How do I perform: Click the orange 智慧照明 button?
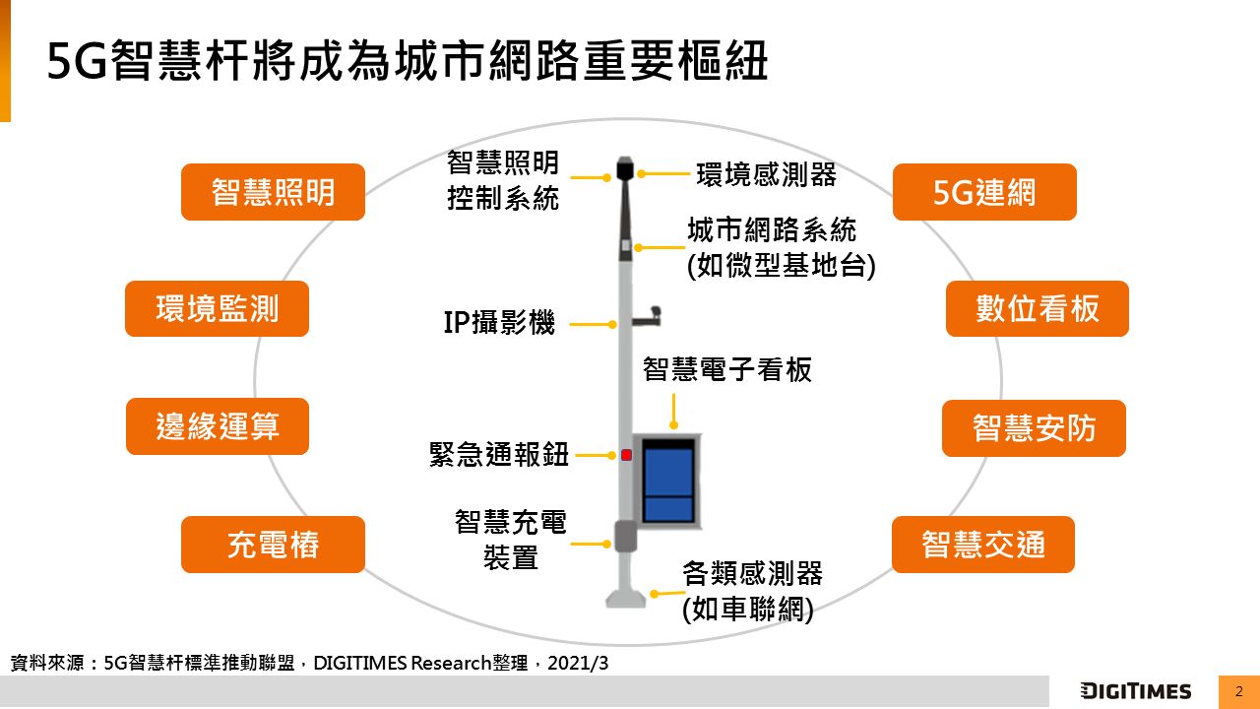(273, 192)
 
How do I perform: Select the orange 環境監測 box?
(217, 309)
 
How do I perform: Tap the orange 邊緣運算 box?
(218, 426)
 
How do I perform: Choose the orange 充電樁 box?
(273, 545)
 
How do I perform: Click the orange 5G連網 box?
(984, 192)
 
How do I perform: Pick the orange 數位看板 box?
(1038, 309)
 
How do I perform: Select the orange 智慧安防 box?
(1034, 428)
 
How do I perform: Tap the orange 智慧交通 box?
(983, 545)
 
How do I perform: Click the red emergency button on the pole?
(626, 455)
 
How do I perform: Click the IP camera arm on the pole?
(647, 317)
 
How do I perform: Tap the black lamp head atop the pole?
(625, 168)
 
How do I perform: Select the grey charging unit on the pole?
(625, 537)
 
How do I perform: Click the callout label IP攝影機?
(499, 322)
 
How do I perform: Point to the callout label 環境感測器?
(766, 174)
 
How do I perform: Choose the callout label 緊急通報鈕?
(499, 454)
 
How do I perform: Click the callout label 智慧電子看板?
(727, 369)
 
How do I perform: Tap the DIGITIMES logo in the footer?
(1136, 691)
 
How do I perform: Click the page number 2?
(1238, 691)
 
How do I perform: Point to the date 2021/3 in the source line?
(578, 663)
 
